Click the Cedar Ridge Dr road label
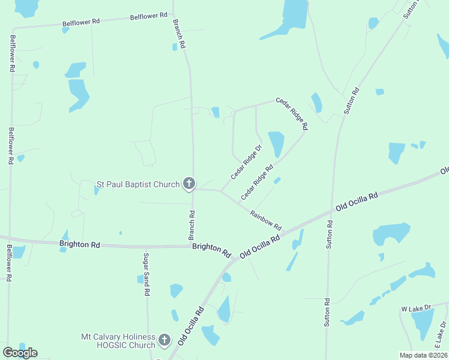point(247,162)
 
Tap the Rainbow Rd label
point(266,220)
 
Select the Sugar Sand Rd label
point(146,274)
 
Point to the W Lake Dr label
point(416,308)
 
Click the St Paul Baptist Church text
point(138,184)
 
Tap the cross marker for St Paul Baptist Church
point(189,184)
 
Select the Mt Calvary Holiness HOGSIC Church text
point(118,341)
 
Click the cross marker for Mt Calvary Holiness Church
point(165,341)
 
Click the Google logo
point(20,353)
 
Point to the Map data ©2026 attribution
point(423,355)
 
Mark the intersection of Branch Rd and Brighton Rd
point(193,246)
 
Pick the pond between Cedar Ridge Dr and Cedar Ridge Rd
point(276,144)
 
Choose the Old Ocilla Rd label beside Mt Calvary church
point(191,326)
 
